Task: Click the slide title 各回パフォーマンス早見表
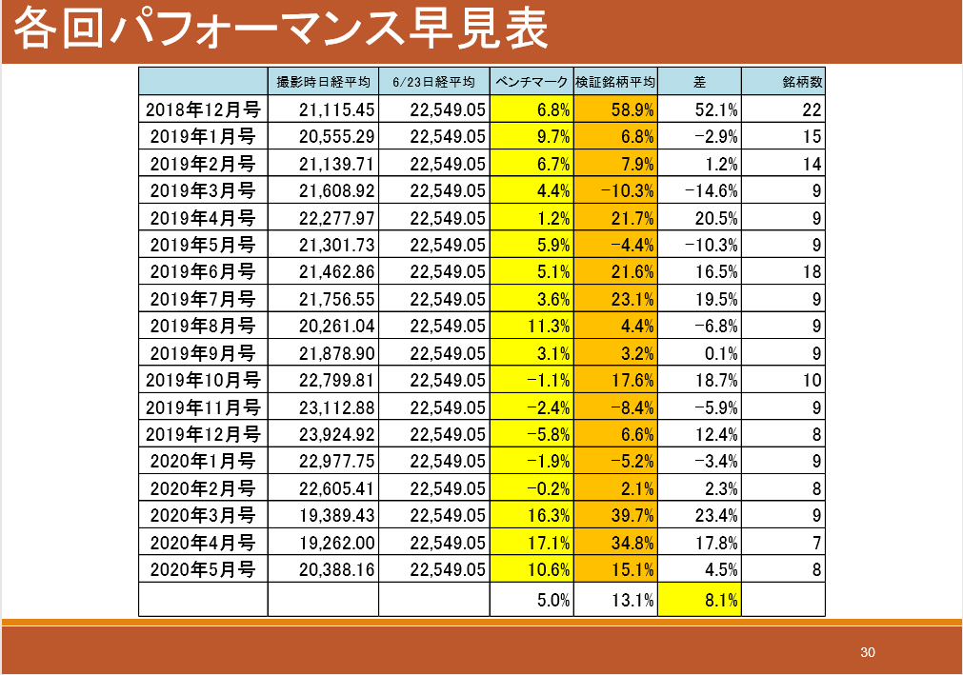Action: pos(282,30)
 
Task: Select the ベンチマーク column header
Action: pos(532,82)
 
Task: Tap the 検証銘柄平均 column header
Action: pos(615,82)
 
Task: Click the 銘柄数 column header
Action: pos(802,82)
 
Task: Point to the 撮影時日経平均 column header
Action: pos(323,82)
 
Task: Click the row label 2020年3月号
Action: pos(202,516)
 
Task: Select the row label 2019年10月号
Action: pos(202,381)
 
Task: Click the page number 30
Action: pos(867,652)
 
